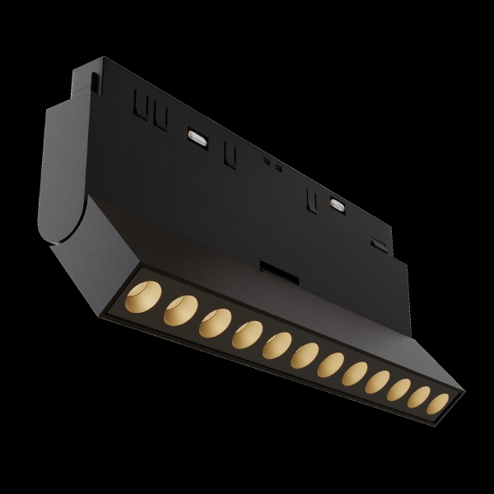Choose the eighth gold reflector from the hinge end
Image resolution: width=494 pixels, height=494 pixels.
click(x=356, y=375)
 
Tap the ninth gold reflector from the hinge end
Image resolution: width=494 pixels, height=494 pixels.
click(x=380, y=383)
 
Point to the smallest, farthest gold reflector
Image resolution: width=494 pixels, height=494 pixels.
click(x=440, y=403)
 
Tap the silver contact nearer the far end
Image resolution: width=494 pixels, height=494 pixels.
click(x=336, y=203)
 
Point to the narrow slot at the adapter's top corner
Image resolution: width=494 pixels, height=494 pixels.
click(x=96, y=82)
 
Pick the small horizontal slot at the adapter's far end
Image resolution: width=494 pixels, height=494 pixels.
click(x=377, y=243)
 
